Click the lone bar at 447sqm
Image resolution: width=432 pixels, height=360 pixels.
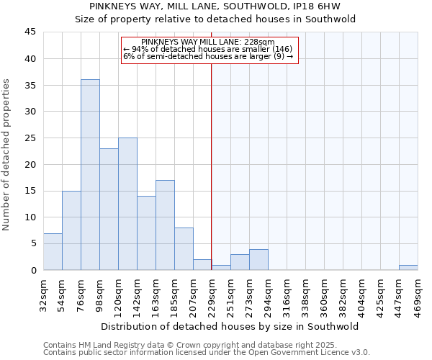coord(408,267)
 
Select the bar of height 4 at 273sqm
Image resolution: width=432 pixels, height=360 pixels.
coord(258,259)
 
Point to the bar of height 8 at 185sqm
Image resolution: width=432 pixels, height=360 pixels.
coord(184,248)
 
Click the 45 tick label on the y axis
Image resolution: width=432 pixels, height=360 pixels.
coord(30,32)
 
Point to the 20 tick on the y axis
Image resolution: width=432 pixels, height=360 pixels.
coord(30,164)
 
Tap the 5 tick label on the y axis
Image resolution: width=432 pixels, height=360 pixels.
coord(32,243)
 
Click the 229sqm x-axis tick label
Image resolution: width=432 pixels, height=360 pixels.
coord(212,293)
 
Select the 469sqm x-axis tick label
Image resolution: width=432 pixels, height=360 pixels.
coord(418,293)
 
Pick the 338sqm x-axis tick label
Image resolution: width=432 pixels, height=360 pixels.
coord(305,293)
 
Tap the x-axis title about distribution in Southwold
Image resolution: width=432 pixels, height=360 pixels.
coord(230,326)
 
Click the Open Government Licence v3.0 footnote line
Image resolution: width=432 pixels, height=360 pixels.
coord(207,352)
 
